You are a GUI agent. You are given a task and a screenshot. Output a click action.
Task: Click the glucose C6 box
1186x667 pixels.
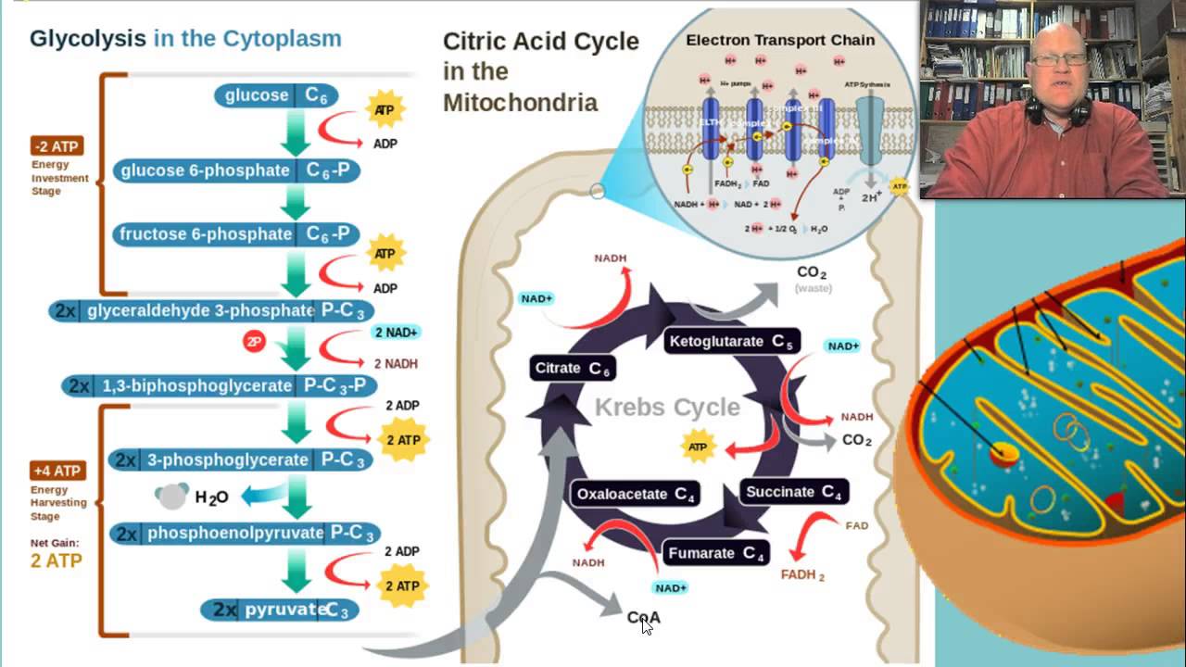click(x=276, y=95)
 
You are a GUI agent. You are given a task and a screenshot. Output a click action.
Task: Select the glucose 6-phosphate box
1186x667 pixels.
click(x=236, y=170)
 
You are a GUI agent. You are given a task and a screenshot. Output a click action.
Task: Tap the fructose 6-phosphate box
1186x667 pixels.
click(x=235, y=234)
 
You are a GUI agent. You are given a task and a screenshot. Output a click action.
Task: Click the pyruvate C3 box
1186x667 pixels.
click(x=280, y=610)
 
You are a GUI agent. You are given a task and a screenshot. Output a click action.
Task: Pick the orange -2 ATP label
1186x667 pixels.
click(x=57, y=145)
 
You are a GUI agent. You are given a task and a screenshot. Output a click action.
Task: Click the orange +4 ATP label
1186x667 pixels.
click(x=58, y=471)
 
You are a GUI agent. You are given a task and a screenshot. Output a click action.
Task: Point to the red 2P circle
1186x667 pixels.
click(x=254, y=342)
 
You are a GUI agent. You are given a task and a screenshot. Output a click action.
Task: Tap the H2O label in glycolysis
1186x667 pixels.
click(x=211, y=497)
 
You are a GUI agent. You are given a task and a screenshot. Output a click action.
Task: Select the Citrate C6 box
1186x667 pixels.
click(x=574, y=369)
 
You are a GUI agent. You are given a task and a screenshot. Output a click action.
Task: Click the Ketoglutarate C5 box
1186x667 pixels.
click(x=731, y=341)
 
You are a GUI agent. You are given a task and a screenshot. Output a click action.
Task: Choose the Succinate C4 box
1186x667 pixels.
click(x=793, y=492)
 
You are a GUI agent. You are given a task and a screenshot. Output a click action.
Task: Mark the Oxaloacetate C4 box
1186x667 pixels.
click(x=636, y=494)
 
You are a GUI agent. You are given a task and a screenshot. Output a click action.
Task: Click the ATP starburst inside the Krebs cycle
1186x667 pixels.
click(x=699, y=447)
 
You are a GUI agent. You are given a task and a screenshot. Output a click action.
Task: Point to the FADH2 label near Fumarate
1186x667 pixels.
click(x=802, y=574)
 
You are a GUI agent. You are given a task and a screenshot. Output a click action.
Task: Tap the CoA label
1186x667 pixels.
click(x=643, y=617)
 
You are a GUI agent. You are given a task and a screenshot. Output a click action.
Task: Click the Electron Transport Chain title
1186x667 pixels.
click(x=780, y=40)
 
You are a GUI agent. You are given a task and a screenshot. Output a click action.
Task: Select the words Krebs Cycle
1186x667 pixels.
click(x=667, y=407)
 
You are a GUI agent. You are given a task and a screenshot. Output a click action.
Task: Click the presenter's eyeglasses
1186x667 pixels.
click(x=1060, y=59)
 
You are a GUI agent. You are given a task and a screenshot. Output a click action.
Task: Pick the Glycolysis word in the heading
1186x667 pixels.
click(x=88, y=38)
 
